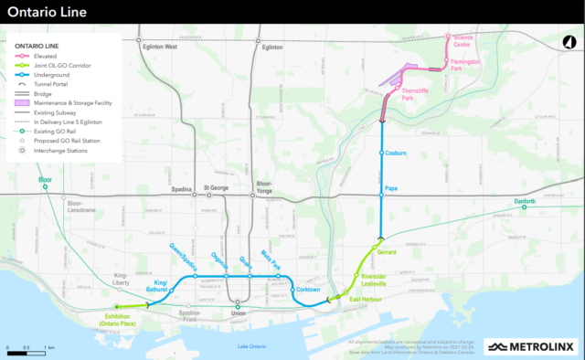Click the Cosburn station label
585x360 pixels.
396,153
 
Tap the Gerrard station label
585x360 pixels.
388,250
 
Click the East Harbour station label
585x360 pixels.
366,298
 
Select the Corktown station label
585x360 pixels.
307,290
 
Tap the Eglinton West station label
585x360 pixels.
158,47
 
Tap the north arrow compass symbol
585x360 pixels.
565,41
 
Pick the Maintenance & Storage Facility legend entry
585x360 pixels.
77,102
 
